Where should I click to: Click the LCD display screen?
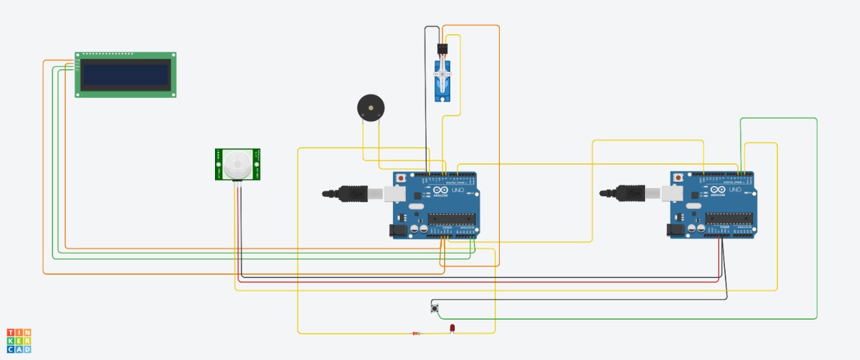click(x=125, y=75)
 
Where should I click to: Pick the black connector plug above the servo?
click(x=442, y=50)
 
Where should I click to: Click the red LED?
click(x=452, y=328)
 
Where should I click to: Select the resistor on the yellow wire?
click(x=417, y=333)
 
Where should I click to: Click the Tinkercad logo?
click(x=19, y=341)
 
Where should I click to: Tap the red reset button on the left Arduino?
click(x=401, y=178)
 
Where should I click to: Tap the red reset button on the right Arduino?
click(x=679, y=177)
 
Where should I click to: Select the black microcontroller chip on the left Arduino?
click(x=451, y=218)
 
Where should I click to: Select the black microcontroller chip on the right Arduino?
click(x=728, y=218)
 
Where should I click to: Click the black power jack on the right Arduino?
click(x=675, y=230)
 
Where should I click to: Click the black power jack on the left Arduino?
click(x=398, y=230)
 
